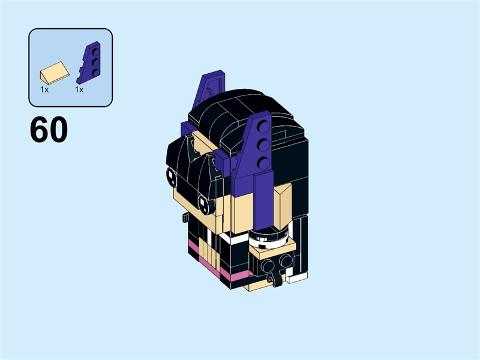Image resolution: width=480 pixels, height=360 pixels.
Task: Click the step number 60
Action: pyautogui.click(x=49, y=130)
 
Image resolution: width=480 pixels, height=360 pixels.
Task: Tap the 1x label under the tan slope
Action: pyautogui.click(x=44, y=89)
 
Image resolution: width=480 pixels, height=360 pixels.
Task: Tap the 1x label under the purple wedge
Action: pyautogui.click(x=79, y=89)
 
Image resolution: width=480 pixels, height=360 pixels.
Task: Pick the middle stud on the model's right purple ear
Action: pyautogui.click(x=262, y=145)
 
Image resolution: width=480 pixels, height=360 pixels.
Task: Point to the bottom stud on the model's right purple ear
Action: pyautogui.click(x=262, y=160)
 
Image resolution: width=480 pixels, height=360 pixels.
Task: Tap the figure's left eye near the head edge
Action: pyautogui.click(x=171, y=175)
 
